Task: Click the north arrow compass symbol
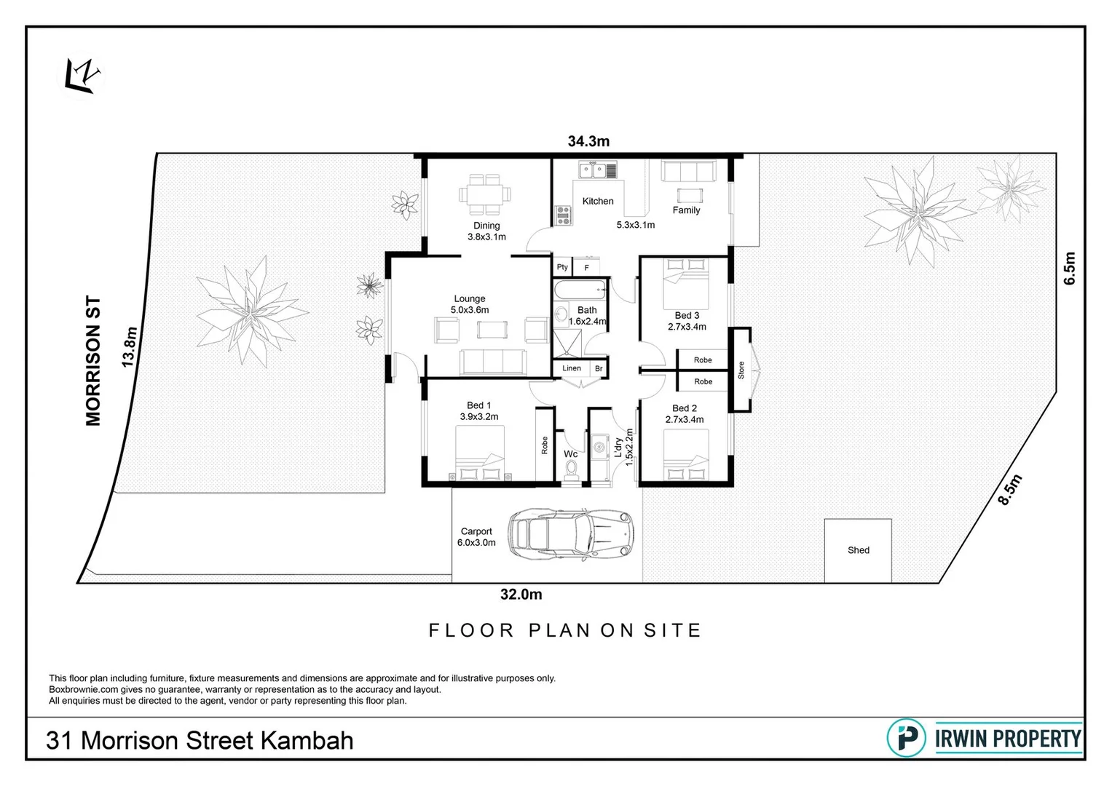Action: tap(81, 76)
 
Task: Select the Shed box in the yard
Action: tap(858, 550)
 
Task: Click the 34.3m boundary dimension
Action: tap(588, 141)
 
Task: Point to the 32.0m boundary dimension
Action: tap(521, 595)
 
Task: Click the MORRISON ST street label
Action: tap(93, 360)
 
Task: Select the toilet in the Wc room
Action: tap(572, 470)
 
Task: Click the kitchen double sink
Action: tap(594, 170)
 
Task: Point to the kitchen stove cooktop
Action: tap(564, 214)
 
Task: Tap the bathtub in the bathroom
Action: tap(580, 290)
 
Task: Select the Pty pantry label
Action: tap(562, 267)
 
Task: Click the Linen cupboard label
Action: tap(572, 368)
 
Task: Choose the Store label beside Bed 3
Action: tap(741, 370)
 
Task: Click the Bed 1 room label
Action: tap(478, 405)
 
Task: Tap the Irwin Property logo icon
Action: tap(906, 738)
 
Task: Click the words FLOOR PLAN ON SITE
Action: tap(564, 630)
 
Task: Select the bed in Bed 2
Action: tap(685, 455)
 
